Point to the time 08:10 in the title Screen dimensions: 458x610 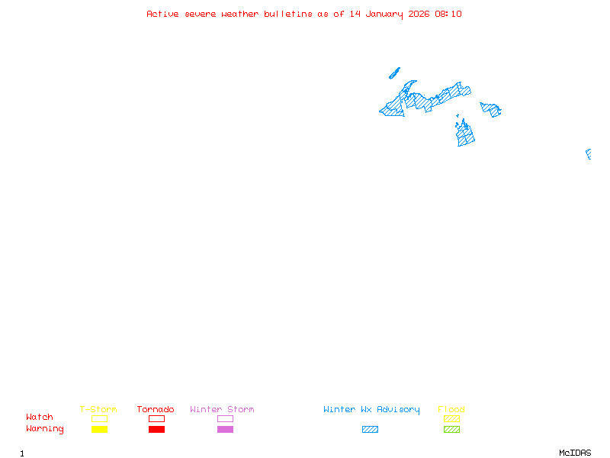(448, 14)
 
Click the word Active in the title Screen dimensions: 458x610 (163, 14)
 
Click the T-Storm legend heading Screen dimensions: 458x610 (98, 410)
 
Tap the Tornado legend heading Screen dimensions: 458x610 (156, 410)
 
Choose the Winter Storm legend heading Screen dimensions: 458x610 (222, 410)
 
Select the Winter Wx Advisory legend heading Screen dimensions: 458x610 (371, 410)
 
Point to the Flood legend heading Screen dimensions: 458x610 (451, 410)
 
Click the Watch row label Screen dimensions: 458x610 (40, 418)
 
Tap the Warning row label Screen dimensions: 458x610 (45, 429)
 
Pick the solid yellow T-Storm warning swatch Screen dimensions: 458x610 (99, 430)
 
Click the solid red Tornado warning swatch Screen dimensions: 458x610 (156, 430)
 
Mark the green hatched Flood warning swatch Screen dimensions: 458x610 (451, 430)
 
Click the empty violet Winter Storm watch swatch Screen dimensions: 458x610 (225, 418)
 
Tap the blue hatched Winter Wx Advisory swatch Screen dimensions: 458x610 (370, 430)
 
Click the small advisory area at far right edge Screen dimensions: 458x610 (589, 154)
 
